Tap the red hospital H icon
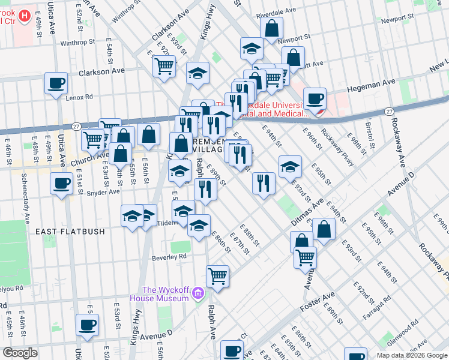click(x=25, y=16)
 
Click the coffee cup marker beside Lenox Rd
click(x=56, y=83)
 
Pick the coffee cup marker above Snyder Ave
click(x=61, y=184)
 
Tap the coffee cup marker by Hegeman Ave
click(x=315, y=98)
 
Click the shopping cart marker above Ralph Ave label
click(x=217, y=277)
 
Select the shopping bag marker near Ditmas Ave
click(x=324, y=230)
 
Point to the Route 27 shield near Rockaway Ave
click(x=389, y=112)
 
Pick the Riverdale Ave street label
click(x=276, y=11)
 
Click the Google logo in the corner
click(x=20, y=352)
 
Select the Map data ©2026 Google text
click(x=412, y=355)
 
